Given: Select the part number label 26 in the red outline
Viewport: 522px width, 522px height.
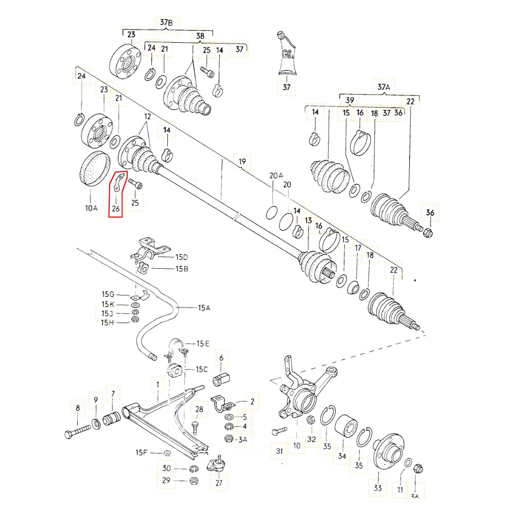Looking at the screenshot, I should [116, 208].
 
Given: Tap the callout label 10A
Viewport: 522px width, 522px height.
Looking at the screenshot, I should [91, 208].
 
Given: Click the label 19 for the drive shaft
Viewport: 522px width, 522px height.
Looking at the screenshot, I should [242, 163].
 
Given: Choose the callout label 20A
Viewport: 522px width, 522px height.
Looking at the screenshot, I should [276, 176].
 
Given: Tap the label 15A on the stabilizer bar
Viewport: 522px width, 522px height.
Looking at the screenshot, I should [204, 308].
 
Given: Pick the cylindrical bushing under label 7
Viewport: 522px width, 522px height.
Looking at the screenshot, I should [112, 419].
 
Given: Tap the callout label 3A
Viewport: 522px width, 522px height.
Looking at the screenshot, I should [242, 439].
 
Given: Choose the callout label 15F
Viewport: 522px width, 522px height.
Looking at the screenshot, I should [142, 453].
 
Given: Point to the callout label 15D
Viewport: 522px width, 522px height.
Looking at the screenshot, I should [182, 256].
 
